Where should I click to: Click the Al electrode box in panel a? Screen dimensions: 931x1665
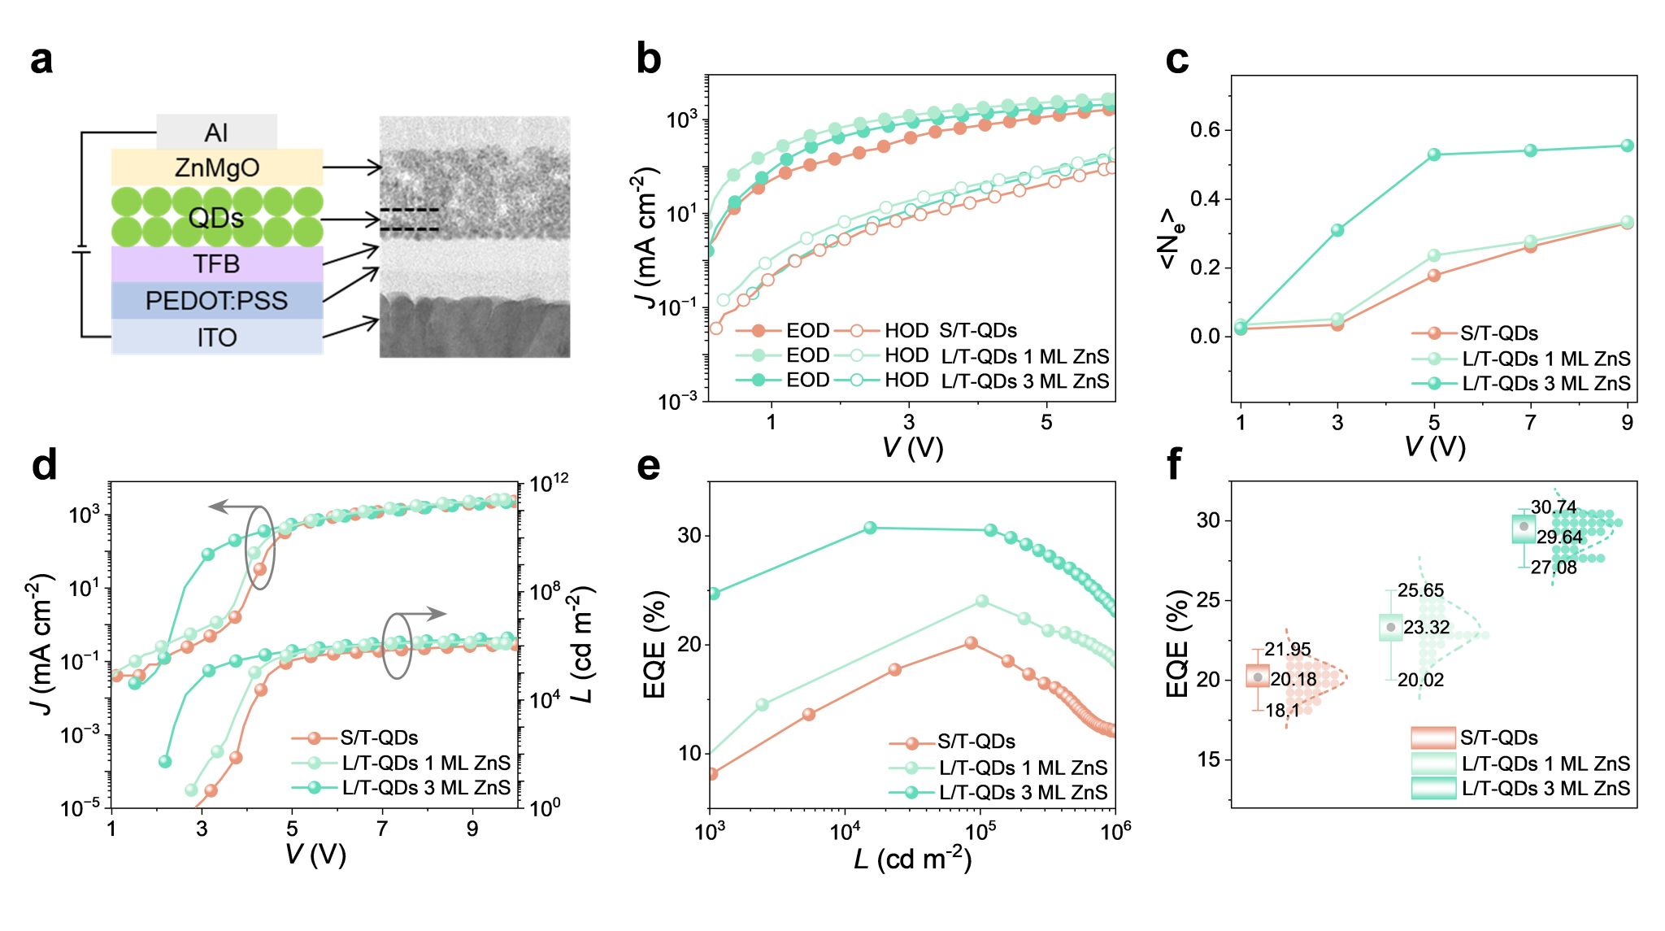pos(216,132)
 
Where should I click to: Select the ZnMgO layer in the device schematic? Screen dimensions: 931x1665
pos(216,167)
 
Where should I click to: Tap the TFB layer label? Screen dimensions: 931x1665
pos(216,264)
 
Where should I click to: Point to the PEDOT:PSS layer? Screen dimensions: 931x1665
pos(216,301)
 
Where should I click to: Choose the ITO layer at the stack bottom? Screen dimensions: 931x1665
pos(216,337)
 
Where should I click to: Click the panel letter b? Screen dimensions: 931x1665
pos(648,59)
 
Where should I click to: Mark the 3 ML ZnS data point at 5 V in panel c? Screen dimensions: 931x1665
pos(1434,154)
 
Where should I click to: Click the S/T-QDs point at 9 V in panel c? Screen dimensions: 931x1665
pos(1627,223)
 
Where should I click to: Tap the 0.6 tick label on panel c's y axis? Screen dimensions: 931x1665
pos(1211,130)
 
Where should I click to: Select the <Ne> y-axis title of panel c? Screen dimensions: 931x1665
pos(1171,238)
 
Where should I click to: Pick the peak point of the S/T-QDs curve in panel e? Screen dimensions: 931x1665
pos(971,642)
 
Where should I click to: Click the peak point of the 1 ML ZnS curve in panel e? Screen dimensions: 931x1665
pos(982,601)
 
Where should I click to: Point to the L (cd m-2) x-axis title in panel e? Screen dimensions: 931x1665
pos(912,858)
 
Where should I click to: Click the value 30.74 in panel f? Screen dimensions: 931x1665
pos(1553,507)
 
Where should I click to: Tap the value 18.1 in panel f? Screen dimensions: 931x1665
pos(1282,710)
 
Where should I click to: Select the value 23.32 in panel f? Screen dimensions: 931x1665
pos(1426,627)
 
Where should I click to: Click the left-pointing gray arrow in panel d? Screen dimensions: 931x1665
pos(227,507)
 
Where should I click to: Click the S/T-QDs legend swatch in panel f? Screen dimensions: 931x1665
pos(1432,737)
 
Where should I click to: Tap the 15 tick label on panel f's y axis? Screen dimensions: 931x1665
pos(1210,759)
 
